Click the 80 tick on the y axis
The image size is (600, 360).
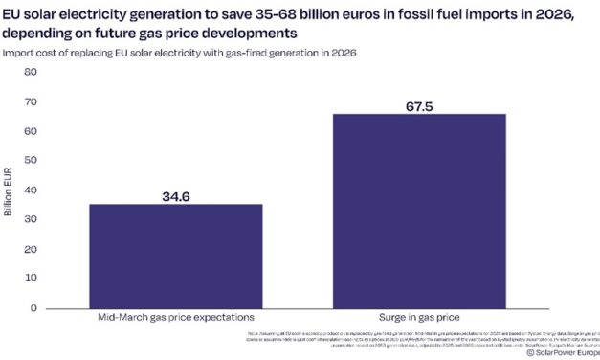click(x=30, y=72)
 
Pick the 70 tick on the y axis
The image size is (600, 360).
click(x=30, y=101)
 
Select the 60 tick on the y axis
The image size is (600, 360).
click(x=30, y=131)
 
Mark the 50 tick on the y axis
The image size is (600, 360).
click(x=30, y=161)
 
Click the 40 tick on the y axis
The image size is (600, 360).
click(x=30, y=191)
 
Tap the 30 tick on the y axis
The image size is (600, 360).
click(x=30, y=219)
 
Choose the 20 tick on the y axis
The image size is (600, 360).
click(x=30, y=249)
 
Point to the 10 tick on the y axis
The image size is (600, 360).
click(x=30, y=279)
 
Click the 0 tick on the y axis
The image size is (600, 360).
click(x=33, y=308)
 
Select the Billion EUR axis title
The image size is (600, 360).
click(x=9, y=191)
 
